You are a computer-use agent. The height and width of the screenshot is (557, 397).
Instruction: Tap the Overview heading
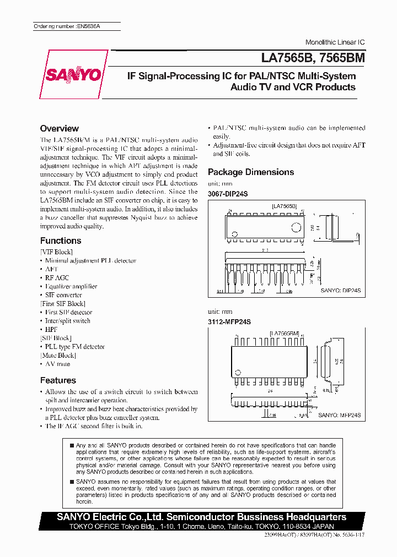[59, 128]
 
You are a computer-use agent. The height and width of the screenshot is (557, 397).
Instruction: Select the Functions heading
[61, 241]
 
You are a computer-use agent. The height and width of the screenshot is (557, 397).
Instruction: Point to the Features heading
[58, 380]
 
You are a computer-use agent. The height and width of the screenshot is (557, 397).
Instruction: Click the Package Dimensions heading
[251, 172]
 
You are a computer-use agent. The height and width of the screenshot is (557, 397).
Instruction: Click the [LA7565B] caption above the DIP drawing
[284, 206]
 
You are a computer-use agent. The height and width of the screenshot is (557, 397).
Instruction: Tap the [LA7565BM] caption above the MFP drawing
[284, 333]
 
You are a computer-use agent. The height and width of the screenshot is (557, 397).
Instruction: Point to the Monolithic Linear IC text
[335, 42]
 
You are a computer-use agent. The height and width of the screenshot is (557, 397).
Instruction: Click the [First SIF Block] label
[63, 304]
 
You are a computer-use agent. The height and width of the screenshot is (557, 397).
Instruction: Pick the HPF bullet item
[51, 330]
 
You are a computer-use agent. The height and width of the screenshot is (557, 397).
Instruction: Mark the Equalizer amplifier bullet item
[71, 287]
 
